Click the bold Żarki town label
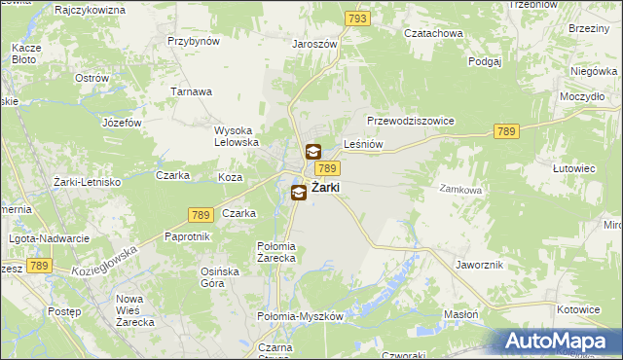[325, 190]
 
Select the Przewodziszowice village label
[411, 121]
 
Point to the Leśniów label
[363, 145]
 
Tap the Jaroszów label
[313, 44]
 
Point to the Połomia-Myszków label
[301, 317]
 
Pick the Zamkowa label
[460, 190]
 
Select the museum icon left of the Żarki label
[299, 193]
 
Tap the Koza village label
[230, 177]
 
